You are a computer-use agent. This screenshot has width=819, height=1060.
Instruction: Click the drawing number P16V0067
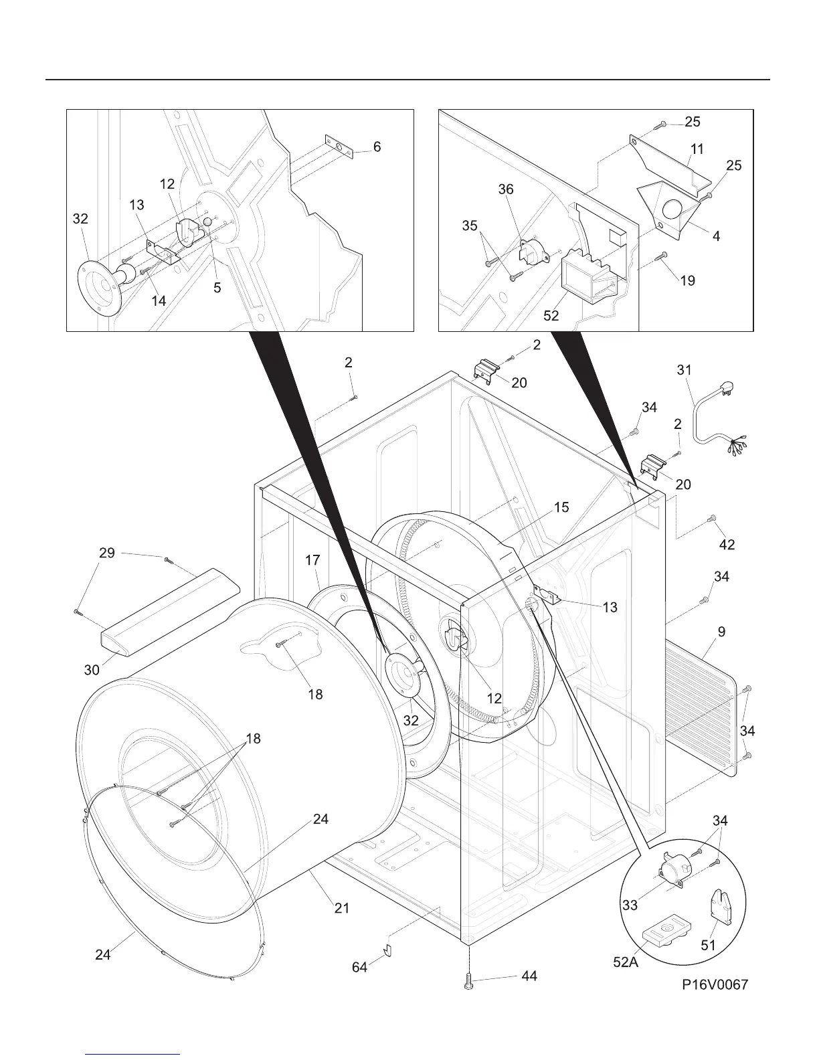[715, 984]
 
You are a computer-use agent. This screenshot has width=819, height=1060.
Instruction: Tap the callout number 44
[529, 976]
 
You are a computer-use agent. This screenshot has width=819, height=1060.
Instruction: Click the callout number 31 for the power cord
[684, 369]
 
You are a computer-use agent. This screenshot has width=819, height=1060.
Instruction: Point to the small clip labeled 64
[387, 950]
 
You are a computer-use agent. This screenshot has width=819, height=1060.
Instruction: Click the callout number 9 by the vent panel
[721, 632]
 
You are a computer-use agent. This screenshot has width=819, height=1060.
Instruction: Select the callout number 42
[727, 545]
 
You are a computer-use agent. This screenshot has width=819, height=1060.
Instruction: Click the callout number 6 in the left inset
[377, 147]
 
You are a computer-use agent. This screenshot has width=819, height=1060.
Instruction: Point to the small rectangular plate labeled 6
[339, 148]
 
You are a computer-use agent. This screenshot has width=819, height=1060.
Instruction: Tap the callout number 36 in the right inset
[506, 189]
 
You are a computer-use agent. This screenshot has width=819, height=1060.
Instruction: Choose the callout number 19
[688, 280]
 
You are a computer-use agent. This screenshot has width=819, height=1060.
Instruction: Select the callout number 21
[342, 908]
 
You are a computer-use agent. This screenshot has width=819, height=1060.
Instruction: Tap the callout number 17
[313, 560]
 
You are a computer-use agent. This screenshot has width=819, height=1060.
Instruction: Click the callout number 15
[561, 507]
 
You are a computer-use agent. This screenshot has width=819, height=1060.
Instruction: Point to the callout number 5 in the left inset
[217, 288]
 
